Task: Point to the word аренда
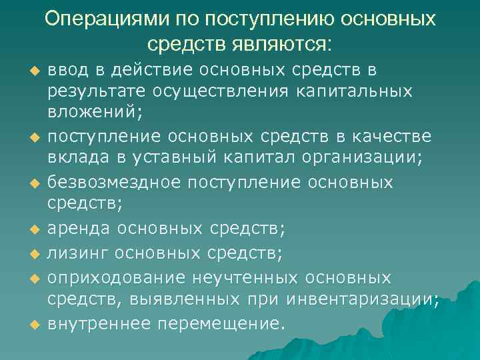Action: click(79, 229)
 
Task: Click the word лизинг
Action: click(77, 253)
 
